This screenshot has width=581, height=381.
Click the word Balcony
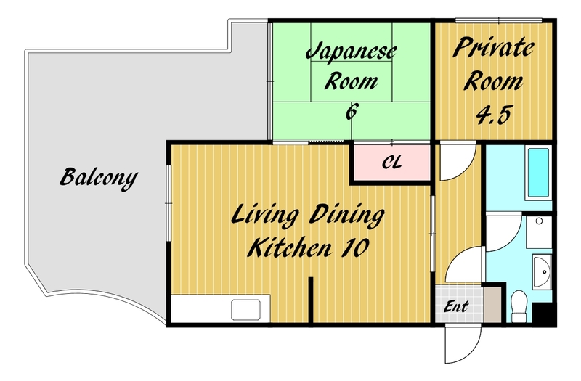(x=99, y=178)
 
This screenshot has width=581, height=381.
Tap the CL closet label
(x=391, y=163)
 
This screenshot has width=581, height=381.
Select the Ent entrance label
(x=456, y=306)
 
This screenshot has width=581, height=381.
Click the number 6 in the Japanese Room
(x=352, y=112)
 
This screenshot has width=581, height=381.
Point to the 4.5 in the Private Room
(x=493, y=115)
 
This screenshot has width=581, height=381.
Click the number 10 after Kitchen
(x=354, y=247)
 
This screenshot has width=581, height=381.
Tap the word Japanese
(x=352, y=52)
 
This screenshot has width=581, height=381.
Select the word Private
(x=493, y=49)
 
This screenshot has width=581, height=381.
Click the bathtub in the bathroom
(x=538, y=173)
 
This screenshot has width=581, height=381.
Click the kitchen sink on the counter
(x=245, y=310)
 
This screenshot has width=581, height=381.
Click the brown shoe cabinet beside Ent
(x=492, y=305)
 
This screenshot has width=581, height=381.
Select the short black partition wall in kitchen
(x=311, y=300)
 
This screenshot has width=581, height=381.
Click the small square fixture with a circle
(x=539, y=232)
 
